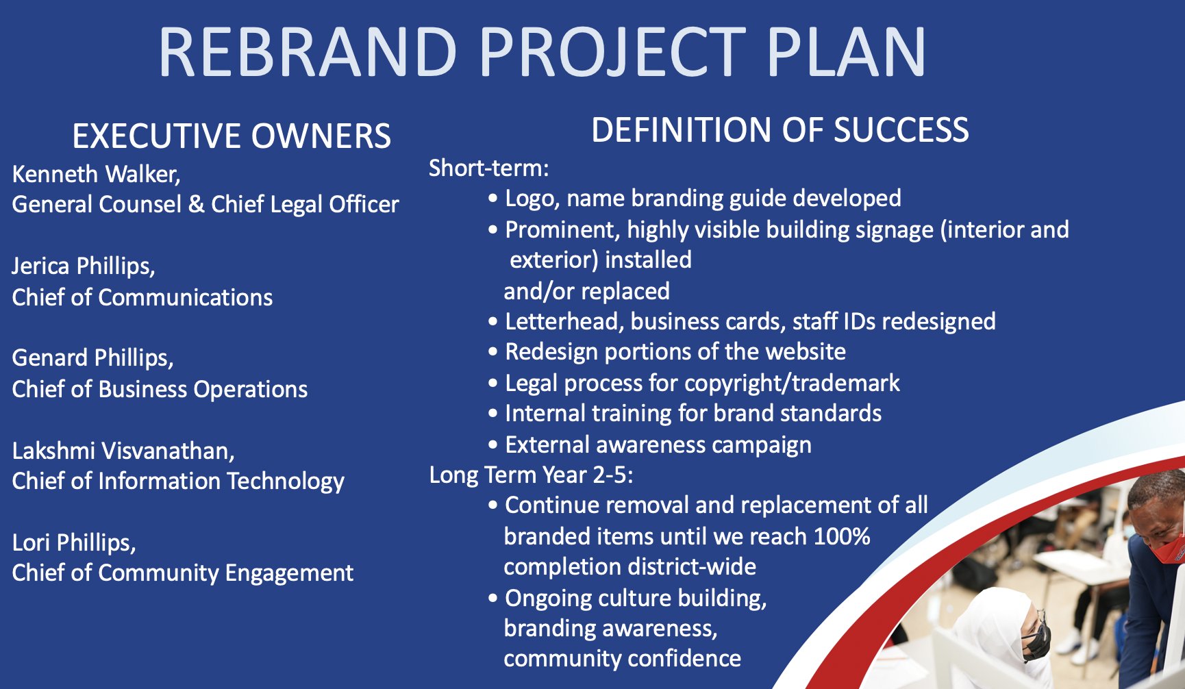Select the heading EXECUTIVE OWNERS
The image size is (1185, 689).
[x=232, y=136]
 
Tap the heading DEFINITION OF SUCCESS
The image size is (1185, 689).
[x=780, y=130]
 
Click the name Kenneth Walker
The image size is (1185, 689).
[x=95, y=174]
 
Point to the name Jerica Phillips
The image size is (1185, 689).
[x=83, y=266]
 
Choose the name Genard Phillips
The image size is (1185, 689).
[x=92, y=358]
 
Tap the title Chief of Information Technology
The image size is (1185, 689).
[x=178, y=481]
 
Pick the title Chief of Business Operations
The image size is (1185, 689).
[x=160, y=389]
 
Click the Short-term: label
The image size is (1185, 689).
[x=489, y=168]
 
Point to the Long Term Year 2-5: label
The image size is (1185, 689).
[x=532, y=475]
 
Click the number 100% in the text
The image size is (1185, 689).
[x=842, y=536]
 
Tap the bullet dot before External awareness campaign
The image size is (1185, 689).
[x=492, y=445]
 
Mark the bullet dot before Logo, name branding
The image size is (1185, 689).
[x=492, y=199]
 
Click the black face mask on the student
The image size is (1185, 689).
[x=1036, y=641]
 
